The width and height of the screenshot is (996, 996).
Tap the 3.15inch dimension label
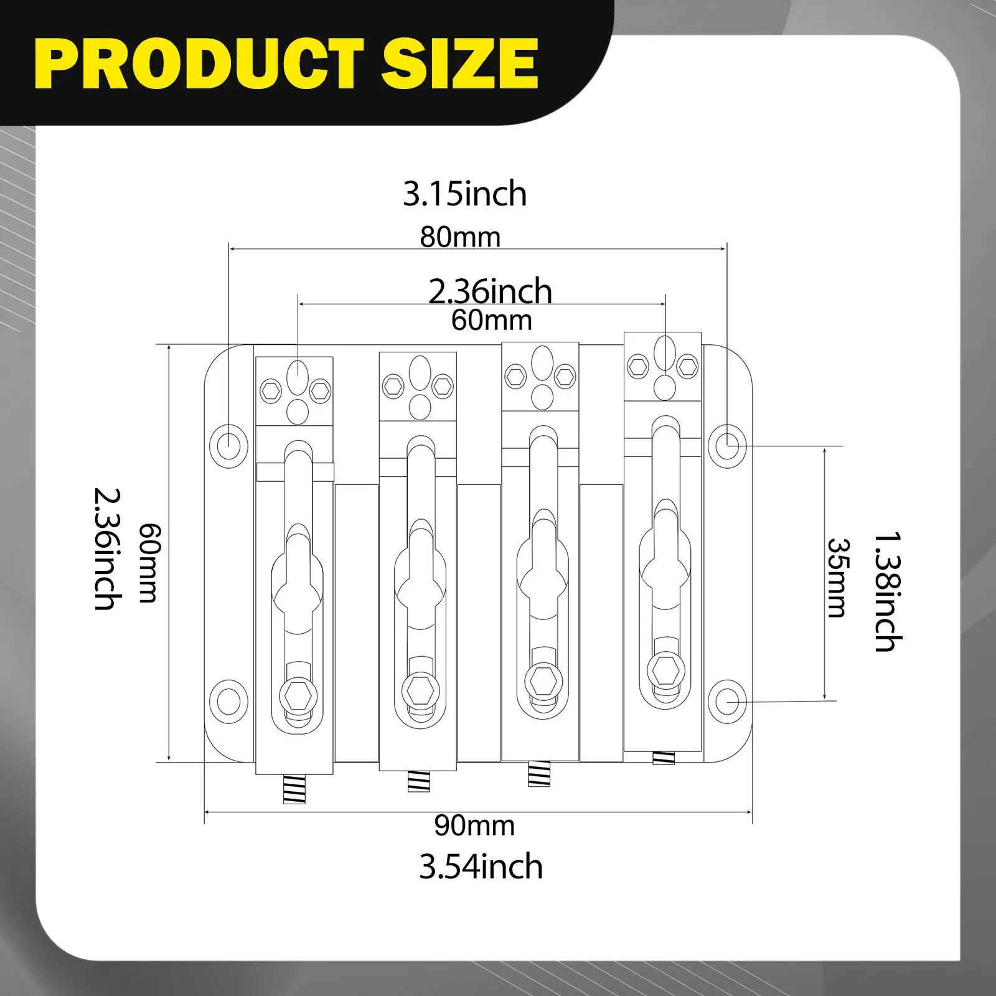tap(465, 194)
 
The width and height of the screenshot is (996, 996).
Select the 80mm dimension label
tap(460, 237)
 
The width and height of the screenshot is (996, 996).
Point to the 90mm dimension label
tap(474, 825)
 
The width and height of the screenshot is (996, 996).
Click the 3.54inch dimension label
tap(481, 867)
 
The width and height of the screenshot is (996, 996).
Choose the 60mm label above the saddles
tap(491, 320)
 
